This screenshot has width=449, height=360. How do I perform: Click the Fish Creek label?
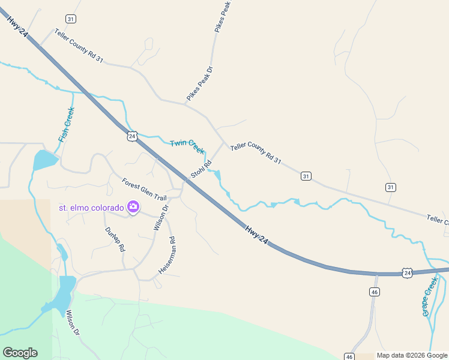[67, 124]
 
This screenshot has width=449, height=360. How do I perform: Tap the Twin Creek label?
[187, 145]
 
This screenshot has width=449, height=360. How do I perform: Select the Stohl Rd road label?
[201, 169]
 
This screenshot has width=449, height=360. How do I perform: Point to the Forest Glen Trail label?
[144, 190]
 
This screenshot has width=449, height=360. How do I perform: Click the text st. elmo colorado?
[91, 208]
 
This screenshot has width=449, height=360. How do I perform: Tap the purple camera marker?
[133, 208]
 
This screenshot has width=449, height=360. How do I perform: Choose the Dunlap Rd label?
[115, 239]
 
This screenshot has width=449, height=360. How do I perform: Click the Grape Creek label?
[430, 296]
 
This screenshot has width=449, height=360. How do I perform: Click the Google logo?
[20, 353]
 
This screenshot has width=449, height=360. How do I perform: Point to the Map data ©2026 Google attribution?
[412, 355]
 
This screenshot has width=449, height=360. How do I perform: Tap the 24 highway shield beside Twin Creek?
[132, 136]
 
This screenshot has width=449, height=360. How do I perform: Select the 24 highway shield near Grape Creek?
[408, 273]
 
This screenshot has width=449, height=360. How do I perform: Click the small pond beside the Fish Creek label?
[45, 160]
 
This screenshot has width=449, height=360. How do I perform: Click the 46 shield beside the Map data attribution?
[349, 356]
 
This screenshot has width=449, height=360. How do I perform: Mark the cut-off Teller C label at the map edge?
[438, 221]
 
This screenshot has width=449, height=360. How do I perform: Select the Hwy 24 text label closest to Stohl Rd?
[255, 235]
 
